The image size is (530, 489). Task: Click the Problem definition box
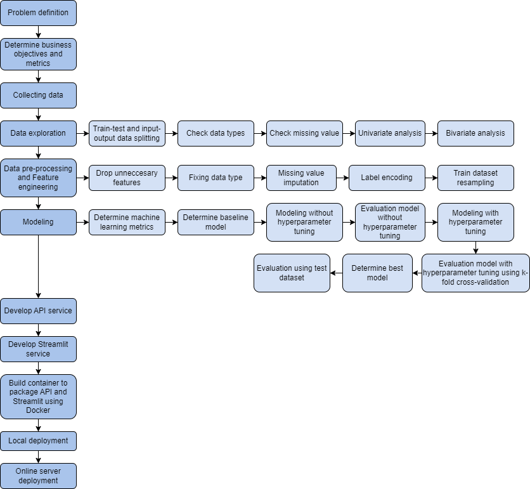tap(38, 13)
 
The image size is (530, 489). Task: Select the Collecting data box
tap(38, 95)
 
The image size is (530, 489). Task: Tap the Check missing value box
tap(304, 133)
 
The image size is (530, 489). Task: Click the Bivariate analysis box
tap(475, 133)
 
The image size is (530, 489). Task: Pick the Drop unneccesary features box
tap(127, 178)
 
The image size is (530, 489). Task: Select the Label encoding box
tap(387, 178)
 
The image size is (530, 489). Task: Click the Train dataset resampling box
tap(475, 178)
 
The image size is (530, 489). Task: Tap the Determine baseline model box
tap(216, 222)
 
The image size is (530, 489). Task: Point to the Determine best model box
tap(377, 273)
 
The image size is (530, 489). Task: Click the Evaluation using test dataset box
tap(292, 273)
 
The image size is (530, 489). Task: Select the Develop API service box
tap(38, 311)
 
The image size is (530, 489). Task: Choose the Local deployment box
tap(38, 441)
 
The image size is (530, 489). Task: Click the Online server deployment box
tap(38, 476)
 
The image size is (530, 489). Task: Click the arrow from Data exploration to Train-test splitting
tap(82, 133)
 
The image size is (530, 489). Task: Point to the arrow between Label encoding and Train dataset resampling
tap(431, 178)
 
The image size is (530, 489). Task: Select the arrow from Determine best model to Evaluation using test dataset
tap(336, 273)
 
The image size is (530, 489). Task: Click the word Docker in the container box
tap(38, 410)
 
